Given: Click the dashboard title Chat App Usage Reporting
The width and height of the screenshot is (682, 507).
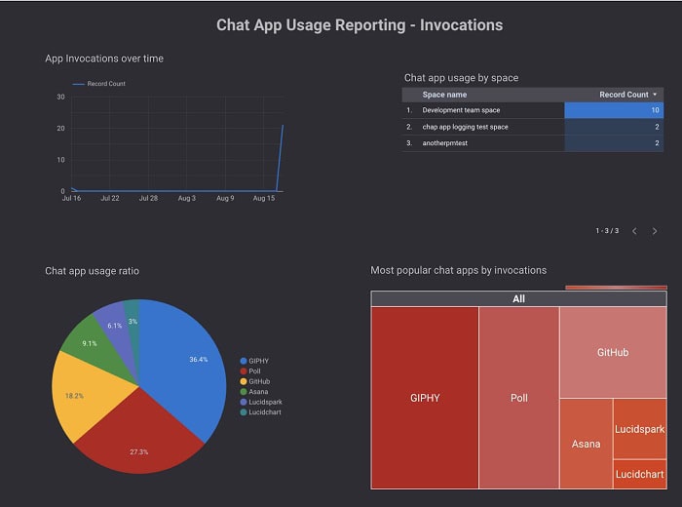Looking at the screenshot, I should click(360, 24).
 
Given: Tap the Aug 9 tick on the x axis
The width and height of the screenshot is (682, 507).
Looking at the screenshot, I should click(225, 198).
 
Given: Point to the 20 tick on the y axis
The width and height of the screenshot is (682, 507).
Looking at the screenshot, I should click(61, 128).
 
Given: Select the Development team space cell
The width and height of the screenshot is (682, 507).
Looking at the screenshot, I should click(461, 110).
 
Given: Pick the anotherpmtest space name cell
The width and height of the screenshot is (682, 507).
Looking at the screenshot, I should click(445, 143).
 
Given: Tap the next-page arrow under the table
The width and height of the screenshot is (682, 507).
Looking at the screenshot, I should click(655, 231).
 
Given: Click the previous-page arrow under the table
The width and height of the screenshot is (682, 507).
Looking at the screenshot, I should click(634, 231).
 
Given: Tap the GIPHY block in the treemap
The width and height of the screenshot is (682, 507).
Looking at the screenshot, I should click(425, 398).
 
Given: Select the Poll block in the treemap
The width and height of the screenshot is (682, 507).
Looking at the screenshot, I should click(518, 398).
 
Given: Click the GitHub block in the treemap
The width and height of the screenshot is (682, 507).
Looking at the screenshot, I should click(612, 352).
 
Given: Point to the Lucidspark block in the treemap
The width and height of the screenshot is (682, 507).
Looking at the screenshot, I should click(639, 429).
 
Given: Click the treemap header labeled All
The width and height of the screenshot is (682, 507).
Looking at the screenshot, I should click(518, 298).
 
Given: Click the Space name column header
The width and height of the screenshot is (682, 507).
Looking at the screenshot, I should click(444, 95).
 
